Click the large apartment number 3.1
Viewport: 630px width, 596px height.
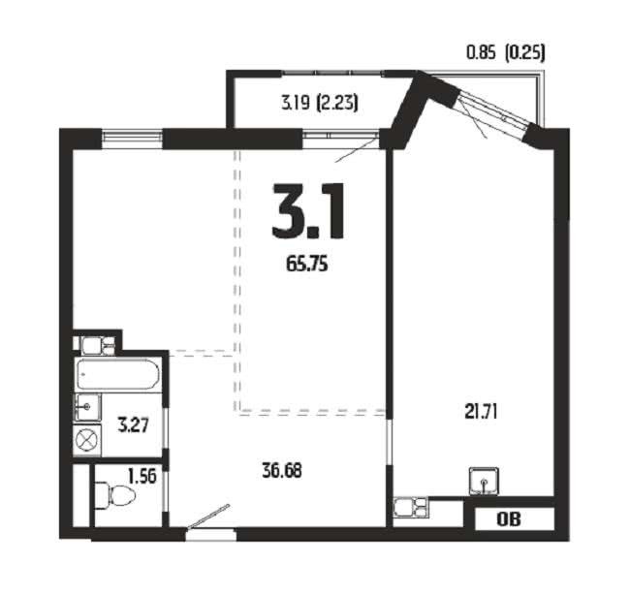click(x=308, y=211)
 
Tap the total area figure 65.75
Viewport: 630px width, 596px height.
click(x=307, y=264)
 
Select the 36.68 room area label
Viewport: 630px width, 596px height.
click(x=282, y=470)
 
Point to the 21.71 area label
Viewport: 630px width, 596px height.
click(x=481, y=412)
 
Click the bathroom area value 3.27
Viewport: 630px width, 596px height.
click(x=134, y=424)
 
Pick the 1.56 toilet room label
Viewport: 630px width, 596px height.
click(x=142, y=477)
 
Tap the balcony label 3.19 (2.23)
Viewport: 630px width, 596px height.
click(x=320, y=104)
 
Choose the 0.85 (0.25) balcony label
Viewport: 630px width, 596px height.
click(x=505, y=52)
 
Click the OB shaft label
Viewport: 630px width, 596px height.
click(x=509, y=519)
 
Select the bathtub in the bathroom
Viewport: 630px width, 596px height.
click(x=118, y=374)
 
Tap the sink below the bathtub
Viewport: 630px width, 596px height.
click(x=87, y=407)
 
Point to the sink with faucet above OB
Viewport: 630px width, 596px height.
click(x=484, y=481)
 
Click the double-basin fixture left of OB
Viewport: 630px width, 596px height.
click(x=410, y=507)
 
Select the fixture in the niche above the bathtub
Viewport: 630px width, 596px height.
click(x=98, y=345)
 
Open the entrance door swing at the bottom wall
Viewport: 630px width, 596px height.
click(x=208, y=517)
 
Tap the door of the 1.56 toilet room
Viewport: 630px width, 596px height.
click(x=166, y=490)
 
